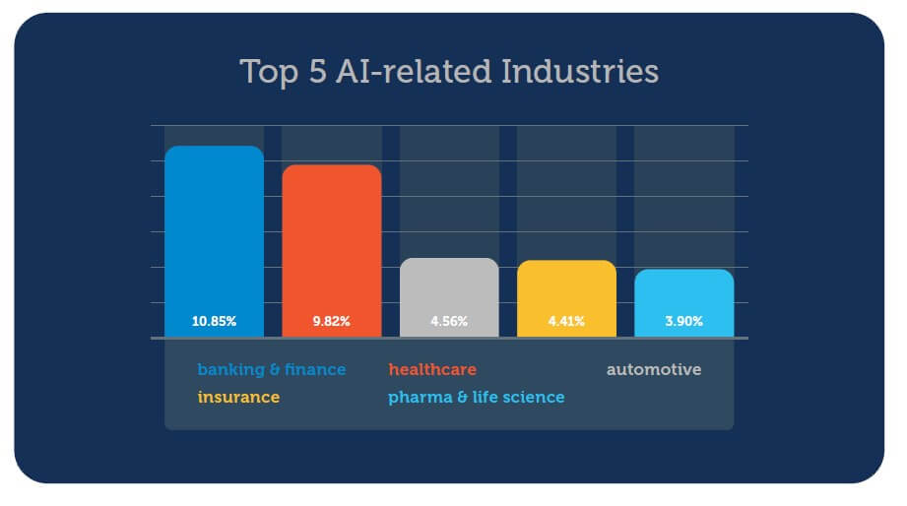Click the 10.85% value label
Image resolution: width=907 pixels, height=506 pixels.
(214, 321)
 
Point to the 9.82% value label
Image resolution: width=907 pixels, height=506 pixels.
(331, 321)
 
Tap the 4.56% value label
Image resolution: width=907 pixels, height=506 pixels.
(449, 321)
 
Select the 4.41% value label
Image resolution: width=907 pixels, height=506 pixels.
(566, 321)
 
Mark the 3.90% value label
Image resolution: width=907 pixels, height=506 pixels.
(683, 321)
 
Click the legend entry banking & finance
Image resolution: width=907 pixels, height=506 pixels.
(272, 370)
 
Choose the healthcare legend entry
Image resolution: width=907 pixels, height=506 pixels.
(432, 370)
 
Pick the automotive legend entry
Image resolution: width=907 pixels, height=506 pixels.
(654, 370)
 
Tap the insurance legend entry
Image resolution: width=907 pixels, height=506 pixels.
(238, 398)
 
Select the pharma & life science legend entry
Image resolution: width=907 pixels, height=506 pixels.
(477, 398)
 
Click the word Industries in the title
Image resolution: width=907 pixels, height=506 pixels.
(579, 72)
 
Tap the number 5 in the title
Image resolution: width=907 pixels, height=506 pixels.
(317, 72)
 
